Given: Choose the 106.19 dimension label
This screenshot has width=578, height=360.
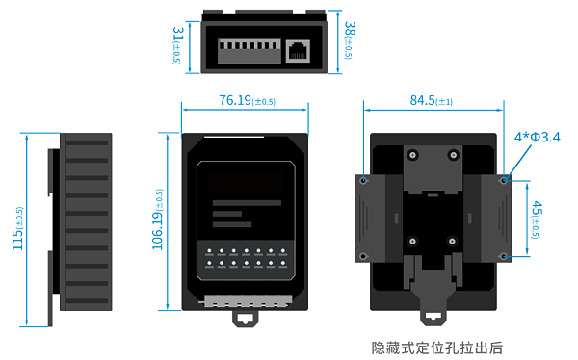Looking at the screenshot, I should point(158,220).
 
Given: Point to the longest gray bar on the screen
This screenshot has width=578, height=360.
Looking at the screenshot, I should point(247,203).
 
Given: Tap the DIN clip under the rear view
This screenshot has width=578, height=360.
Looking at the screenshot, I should point(433,309).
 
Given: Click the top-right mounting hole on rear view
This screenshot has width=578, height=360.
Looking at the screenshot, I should point(504,179).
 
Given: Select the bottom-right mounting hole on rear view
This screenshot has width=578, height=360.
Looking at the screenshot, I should point(504,256).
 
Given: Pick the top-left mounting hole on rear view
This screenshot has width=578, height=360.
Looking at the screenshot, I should point(364,179).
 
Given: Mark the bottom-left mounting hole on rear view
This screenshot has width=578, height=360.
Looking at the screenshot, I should point(364,256).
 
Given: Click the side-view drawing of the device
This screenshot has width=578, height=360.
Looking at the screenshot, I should point(82,221).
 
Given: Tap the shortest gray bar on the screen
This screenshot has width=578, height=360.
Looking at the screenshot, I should point(227,214).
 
